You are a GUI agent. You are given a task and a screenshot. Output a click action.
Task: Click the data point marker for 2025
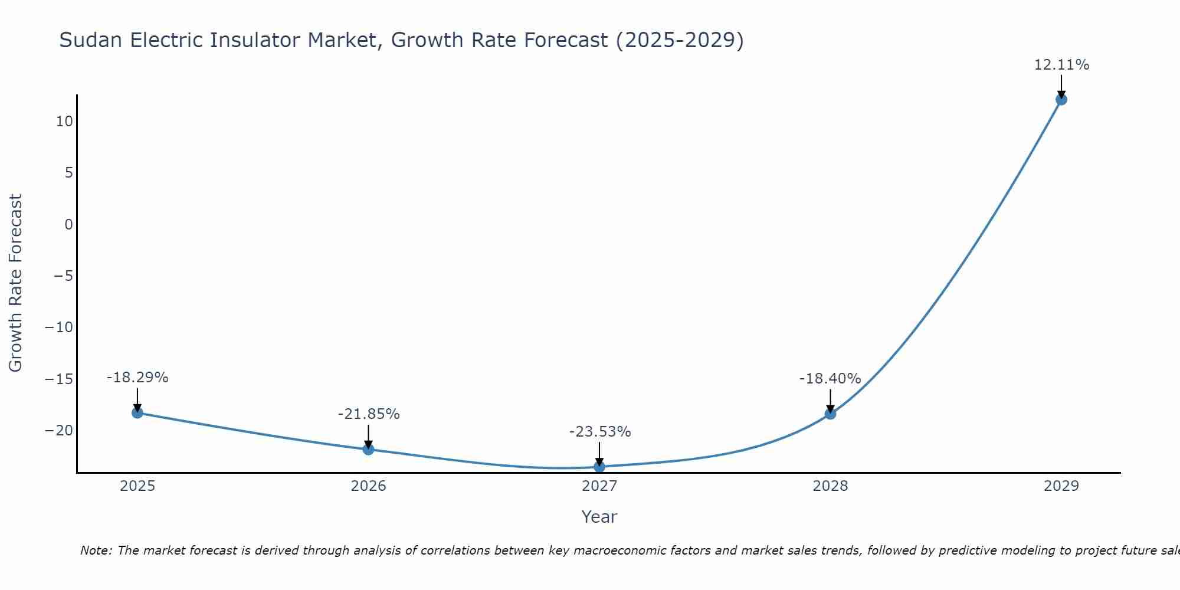[x=137, y=412]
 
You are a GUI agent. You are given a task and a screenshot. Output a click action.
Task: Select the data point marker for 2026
[x=368, y=449]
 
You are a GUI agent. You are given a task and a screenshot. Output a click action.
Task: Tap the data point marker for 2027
[x=599, y=467]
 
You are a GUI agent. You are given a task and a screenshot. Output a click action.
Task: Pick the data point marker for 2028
[x=830, y=414]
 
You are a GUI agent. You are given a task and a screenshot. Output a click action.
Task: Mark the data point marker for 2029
[x=1061, y=99]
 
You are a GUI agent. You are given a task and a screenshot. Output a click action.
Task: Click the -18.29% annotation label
[x=137, y=378]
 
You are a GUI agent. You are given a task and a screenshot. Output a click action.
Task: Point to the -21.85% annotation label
[x=369, y=414]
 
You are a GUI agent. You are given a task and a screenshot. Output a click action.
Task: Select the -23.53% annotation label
[x=600, y=432]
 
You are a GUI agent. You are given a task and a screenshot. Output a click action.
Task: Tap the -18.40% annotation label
[x=830, y=379]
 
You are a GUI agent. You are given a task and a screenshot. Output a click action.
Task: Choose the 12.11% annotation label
[x=1061, y=65]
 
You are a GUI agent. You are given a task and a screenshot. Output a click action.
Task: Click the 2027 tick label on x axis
[x=599, y=486]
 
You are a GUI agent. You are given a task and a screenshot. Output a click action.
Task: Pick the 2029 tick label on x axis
[x=1061, y=486]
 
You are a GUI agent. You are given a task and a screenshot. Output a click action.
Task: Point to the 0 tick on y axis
[x=69, y=224]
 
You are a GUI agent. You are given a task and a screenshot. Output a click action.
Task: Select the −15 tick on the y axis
[x=60, y=379]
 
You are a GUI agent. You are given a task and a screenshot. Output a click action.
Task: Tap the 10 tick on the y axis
[x=64, y=122]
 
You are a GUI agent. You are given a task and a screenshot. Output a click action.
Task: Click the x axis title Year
[x=599, y=517]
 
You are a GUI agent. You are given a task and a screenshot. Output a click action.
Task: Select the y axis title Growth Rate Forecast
[x=15, y=283]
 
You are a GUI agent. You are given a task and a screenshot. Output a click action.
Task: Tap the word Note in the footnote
[x=95, y=550]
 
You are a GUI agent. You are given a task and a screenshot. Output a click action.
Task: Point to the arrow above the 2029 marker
[x=1061, y=87]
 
